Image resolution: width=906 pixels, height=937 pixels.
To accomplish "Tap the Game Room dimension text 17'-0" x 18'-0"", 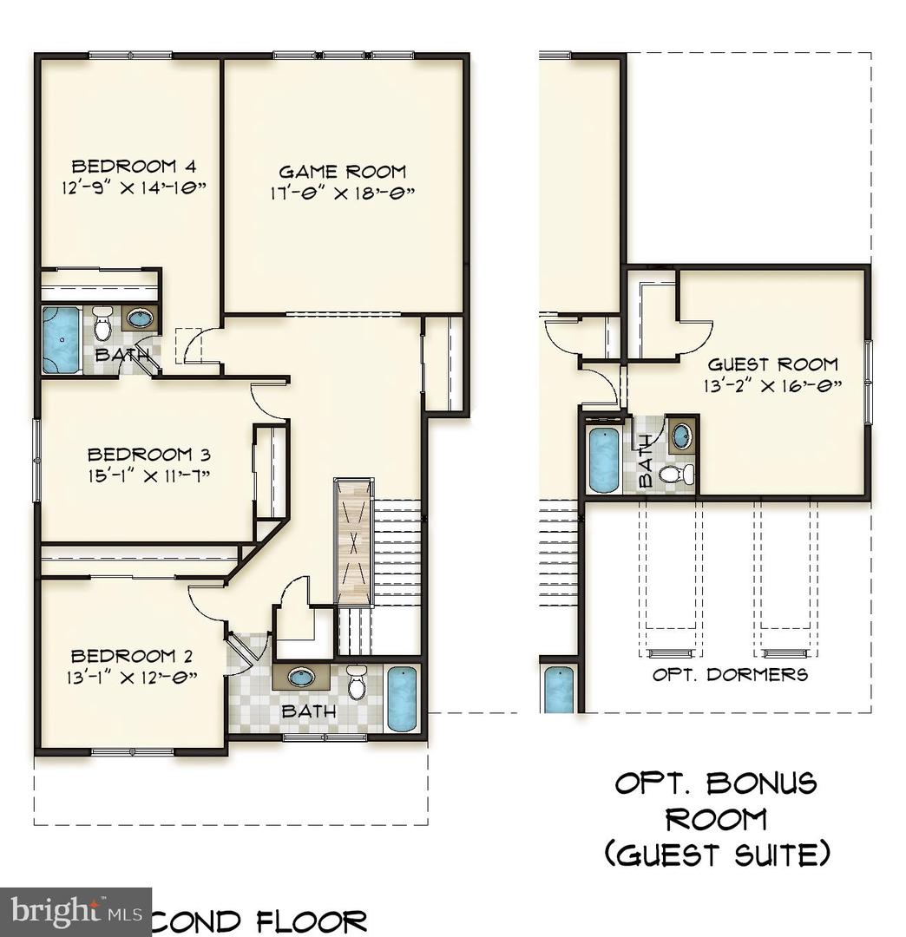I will [x=342, y=193].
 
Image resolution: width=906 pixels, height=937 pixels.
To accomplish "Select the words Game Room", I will [x=342, y=172].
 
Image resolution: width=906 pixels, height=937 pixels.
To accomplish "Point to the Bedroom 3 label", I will [x=149, y=454].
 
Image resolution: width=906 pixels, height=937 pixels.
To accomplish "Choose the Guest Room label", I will [x=772, y=364].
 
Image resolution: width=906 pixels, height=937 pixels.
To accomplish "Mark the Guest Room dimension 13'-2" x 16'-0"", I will [x=772, y=386].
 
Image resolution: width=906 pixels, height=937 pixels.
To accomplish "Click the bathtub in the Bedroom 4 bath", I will [x=61, y=339].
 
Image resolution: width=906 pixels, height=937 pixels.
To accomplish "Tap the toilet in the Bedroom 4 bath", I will [x=102, y=324].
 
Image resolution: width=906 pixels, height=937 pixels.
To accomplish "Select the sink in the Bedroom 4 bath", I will [x=139, y=318].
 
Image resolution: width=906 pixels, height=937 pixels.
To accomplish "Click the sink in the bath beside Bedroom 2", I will [x=301, y=677].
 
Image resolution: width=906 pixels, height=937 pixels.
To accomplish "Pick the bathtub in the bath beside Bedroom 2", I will [x=401, y=698].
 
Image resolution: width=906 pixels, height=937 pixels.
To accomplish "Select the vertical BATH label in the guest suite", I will [x=646, y=460].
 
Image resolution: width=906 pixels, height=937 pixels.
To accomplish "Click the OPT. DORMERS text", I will [x=730, y=674].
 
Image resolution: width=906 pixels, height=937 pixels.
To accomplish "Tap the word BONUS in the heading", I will [x=761, y=783].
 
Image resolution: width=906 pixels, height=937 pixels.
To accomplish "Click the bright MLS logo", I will [x=75, y=912].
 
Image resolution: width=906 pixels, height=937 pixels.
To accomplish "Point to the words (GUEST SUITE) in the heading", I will [x=717, y=854].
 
